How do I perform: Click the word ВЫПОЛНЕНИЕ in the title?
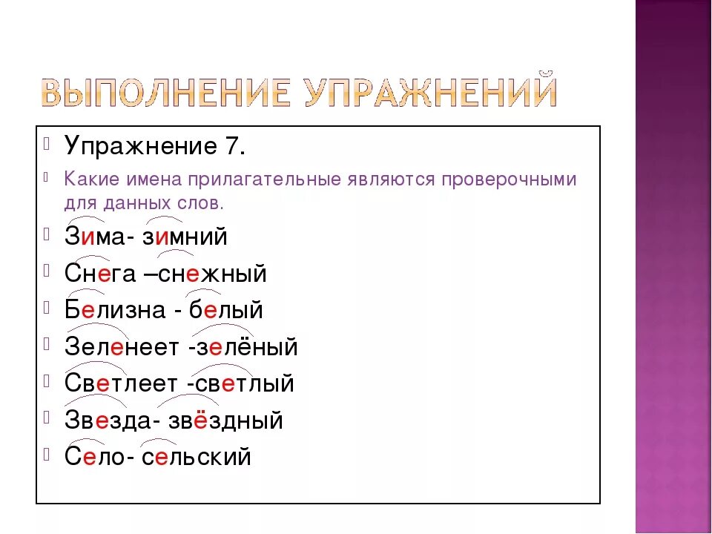click(165, 93)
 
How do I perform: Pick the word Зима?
click(96, 237)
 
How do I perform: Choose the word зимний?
click(185, 237)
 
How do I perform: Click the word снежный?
click(213, 274)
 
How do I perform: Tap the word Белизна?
click(115, 310)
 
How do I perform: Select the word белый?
click(226, 310)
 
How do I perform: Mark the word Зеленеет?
click(122, 347)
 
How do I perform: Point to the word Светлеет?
click(120, 383)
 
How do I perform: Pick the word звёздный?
click(225, 420)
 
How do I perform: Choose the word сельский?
click(196, 456)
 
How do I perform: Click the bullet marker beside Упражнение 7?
click(46, 143)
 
